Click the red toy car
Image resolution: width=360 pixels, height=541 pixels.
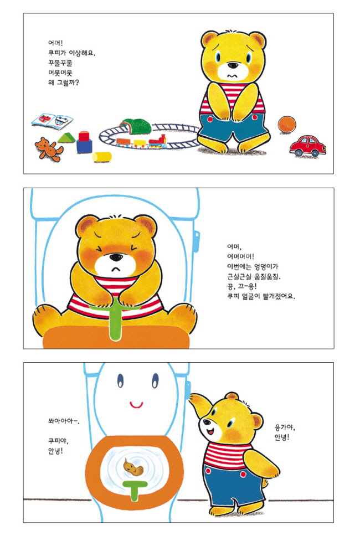(x=307, y=146)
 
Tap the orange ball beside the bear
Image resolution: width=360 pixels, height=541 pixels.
(x=287, y=125)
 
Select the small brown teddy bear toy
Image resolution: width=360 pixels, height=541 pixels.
(x=49, y=149)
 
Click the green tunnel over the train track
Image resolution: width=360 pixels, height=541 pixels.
(x=136, y=126)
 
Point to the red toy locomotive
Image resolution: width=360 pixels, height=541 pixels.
(x=158, y=142)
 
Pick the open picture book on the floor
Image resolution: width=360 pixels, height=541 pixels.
(x=53, y=121)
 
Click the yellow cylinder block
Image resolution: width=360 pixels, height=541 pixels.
(x=102, y=157)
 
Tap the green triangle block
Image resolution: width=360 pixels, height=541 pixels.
(x=66, y=137)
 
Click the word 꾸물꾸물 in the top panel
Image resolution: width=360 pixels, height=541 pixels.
(x=60, y=63)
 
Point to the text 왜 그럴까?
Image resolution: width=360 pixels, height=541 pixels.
(x=63, y=83)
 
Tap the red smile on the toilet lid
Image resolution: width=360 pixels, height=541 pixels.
(x=136, y=404)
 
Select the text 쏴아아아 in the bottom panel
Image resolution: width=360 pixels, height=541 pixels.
(x=61, y=421)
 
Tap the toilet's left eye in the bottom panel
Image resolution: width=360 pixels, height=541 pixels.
(x=120, y=380)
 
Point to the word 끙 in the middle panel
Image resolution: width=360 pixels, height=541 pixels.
(x=230, y=286)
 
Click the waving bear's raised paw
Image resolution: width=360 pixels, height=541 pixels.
(x=198, y=402)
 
